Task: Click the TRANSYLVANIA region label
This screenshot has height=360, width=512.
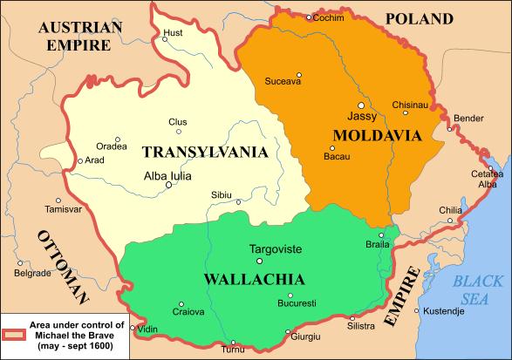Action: (204, 152)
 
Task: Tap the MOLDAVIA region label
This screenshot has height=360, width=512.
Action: (377, 135)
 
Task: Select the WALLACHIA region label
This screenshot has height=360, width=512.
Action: (253, 280)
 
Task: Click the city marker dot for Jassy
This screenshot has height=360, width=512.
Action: (362, 105)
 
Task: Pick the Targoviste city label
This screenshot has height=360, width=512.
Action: (276, 248)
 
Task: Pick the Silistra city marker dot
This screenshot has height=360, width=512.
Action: (352, 317)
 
